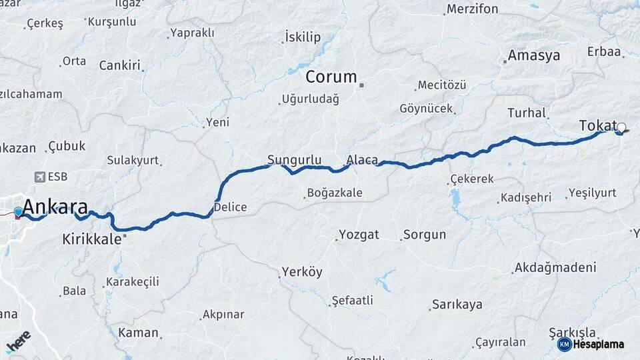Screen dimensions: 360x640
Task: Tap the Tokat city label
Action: (597, 125)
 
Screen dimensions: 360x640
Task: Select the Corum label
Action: (331, 77)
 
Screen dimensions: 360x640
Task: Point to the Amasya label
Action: (533, 55)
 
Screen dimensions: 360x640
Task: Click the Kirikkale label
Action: (92, 239)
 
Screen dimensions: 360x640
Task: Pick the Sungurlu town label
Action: (294, 159)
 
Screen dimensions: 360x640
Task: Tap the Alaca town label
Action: (362, 160)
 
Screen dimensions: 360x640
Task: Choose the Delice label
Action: (230, 207)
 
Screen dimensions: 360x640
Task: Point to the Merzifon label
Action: (473, 9)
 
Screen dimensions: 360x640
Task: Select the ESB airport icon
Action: (39, 177)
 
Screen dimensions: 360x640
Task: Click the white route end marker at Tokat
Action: (621, 127)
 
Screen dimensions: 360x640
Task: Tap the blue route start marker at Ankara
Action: (18, 211)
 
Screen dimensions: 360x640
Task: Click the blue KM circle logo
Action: (564, 344)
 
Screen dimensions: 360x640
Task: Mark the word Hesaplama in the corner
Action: (599, 344)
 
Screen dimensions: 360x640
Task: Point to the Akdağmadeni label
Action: (554, 268)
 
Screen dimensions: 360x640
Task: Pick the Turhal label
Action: (527, 113)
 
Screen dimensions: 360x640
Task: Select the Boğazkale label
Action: (334, 193)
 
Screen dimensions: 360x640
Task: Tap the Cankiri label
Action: (119, 65)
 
